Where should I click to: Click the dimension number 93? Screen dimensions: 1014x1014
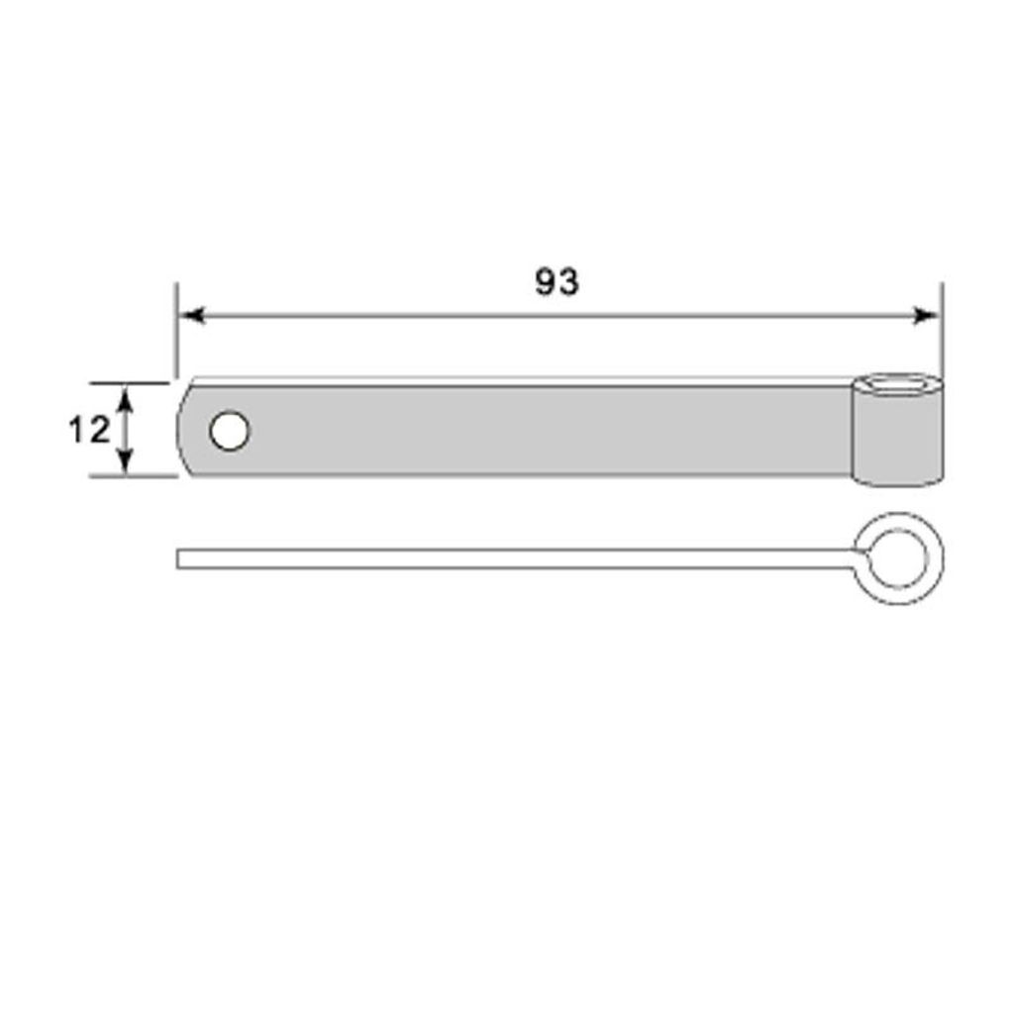click(557, 282)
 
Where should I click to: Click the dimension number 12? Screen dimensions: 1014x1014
click(89, 430)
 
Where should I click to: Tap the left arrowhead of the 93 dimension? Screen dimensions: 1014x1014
click(191, 316)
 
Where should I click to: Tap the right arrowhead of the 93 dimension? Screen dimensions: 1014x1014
click(926, 316)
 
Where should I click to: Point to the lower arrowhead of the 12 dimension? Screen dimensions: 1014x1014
click(127, 461)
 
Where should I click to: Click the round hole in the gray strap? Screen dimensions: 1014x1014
click(230, 431)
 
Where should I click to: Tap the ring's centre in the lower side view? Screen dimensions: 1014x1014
click(897, 558)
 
